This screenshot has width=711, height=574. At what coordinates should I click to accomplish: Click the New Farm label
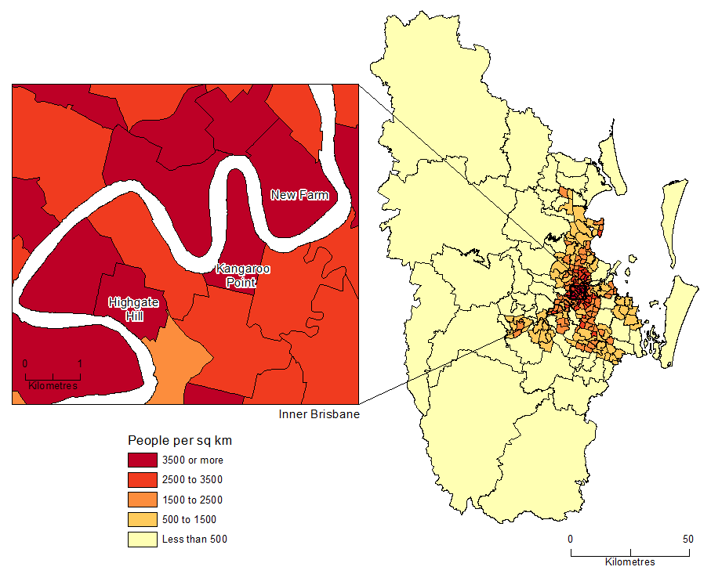click(299, 195)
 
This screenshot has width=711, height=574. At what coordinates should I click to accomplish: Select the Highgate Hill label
click(132, 308)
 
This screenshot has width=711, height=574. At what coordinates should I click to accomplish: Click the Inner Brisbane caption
click(319, 414)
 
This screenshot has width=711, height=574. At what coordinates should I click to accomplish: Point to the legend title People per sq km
click(180, 440)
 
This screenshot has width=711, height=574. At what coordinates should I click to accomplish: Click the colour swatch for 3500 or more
click(143, 460)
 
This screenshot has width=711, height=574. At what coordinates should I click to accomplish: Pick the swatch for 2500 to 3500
click(143, 480)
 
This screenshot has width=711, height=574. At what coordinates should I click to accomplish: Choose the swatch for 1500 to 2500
click(143, 500)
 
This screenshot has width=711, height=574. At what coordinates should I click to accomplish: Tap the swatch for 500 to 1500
click(143, 519)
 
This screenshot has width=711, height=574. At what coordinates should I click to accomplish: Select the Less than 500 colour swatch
click(143, 539)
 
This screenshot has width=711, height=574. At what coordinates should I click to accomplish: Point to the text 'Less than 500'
click(194, 539)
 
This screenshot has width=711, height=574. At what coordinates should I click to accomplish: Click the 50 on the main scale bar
click(687, 539)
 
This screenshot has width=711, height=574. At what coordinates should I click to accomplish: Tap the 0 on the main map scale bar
click(571, 539)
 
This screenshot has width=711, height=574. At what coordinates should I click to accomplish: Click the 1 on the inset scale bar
click(80, 364)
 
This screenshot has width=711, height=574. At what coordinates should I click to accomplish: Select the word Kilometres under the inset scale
click(53, 386)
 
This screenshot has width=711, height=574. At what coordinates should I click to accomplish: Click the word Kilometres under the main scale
click(629, 562)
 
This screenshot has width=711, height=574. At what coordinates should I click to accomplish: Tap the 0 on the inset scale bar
click(25, 364)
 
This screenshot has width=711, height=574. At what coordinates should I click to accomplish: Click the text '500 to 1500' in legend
click(189, 519)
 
